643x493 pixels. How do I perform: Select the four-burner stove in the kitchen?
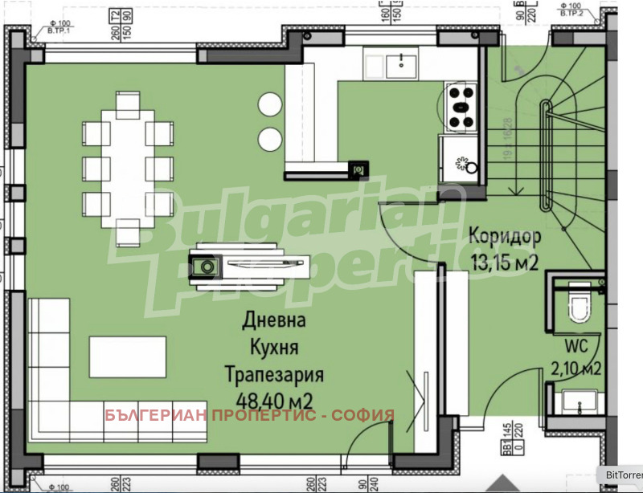(x=461, y=107)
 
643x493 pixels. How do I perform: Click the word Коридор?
(x=504, y=237)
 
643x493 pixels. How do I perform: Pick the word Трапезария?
(x=274, y=375)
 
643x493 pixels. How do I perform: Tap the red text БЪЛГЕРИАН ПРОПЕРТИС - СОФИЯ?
(x=250, y=415)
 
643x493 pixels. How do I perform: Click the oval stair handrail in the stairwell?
(x=547, y=149)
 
